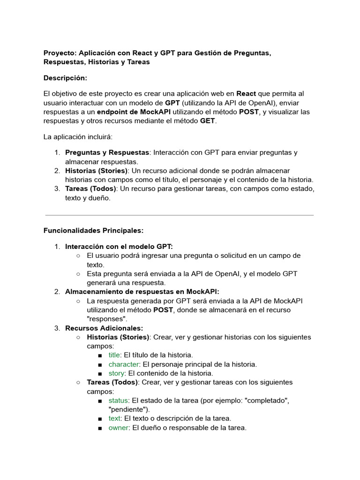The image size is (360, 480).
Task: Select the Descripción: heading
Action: pos(65,78)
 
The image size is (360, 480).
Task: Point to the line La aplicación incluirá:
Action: pos(78,137)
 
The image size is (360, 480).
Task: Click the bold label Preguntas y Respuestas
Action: pos(106,152)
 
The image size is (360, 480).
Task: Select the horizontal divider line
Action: pos(180,215)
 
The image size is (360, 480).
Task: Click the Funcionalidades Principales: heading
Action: pos(93,231)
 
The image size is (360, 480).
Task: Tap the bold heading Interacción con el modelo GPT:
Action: pos(119,246)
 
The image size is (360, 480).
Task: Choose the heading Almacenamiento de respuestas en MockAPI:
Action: pos(142,292)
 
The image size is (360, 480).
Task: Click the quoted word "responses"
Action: pos(109,319)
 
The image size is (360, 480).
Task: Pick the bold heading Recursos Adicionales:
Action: pos(104,328)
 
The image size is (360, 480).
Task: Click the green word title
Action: pos(114,355)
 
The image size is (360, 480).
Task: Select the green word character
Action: pos(124,364)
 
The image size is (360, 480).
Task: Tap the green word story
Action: pos(116,373)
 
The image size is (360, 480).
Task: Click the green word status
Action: pos(119,400)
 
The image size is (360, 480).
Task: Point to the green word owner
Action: pos(118,427)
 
